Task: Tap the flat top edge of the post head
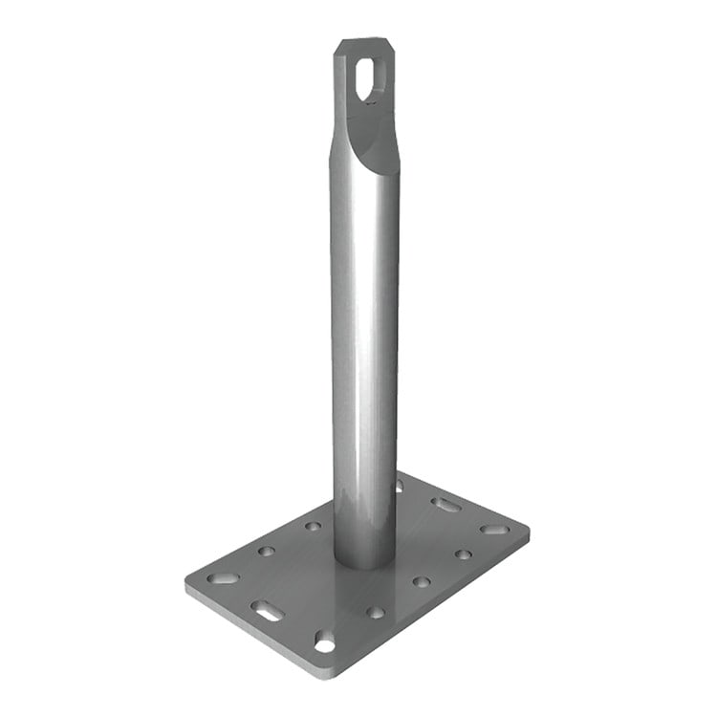[362, 41]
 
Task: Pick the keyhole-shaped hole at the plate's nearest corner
[325, 643]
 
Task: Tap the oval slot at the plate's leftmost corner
[223, 578]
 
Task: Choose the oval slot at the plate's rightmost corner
[494, 528]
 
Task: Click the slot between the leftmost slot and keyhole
[266, 609]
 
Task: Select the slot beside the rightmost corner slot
[445, 504]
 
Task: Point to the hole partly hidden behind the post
[399, 487]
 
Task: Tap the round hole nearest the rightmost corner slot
[463, 554]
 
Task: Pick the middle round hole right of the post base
[421, 581]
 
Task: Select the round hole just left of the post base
[313, 526]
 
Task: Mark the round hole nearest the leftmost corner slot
[266, 551]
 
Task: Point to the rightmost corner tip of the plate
[529, 528]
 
